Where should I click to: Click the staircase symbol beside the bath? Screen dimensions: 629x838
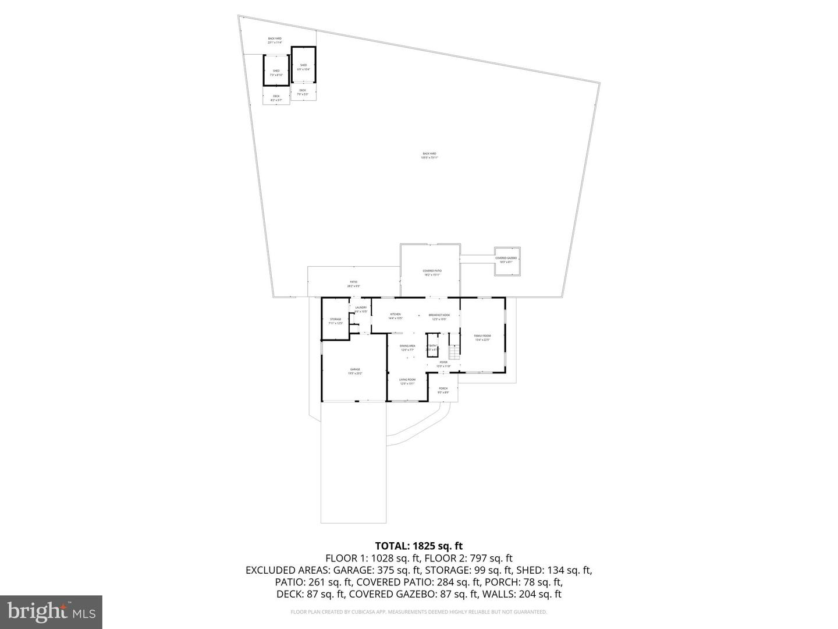454,352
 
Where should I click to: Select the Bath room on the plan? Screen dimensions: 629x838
433,345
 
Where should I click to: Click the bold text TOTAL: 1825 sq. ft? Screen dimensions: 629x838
418,546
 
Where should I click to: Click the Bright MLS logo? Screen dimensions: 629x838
51,612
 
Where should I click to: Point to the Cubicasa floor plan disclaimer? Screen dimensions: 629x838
418,612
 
